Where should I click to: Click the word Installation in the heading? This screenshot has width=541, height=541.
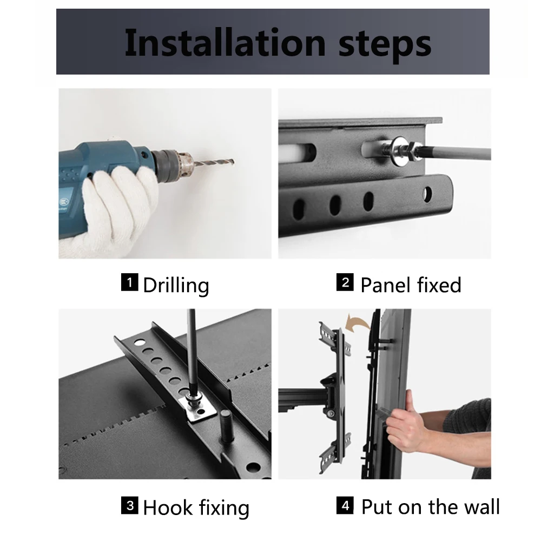click(225, 43)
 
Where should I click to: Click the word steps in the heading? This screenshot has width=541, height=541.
click(385, 45)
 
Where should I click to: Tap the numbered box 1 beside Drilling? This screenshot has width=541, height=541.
click(129, 282)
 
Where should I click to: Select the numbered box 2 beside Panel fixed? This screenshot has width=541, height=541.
click(345, 282)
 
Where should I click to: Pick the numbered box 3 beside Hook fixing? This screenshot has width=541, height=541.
click(129, 505)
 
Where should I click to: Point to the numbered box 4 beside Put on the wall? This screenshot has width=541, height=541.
click(345, 505)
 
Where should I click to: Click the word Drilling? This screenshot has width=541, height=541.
click(176, 286)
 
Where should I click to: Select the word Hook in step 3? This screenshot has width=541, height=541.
click(168, 507)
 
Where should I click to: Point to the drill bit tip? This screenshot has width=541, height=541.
click(233, 161)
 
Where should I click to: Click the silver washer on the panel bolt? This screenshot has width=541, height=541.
click(399, 151)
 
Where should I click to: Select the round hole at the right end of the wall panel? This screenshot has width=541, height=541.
click(427, 195)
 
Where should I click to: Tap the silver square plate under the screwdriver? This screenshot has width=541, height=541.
click(197, 408)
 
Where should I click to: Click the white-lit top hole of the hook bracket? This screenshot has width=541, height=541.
click(140, 342)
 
